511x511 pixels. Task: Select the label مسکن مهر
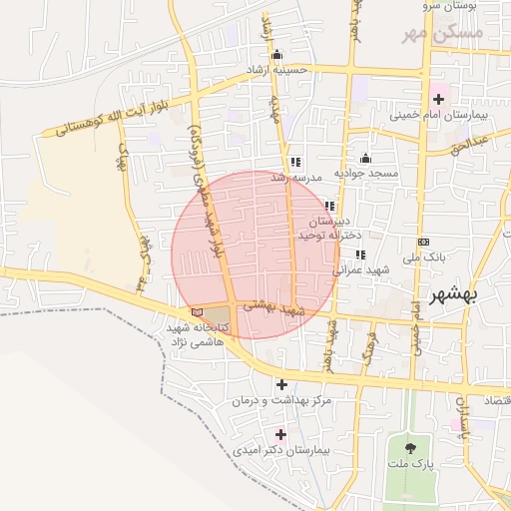[x=442, y=33]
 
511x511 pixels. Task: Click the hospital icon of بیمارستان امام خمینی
[x=438, y=99]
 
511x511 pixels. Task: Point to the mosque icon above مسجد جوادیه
[x=365, y=158]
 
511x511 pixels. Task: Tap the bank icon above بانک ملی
[x=423, y=242]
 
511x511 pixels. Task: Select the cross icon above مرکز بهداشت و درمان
[x=281, y=383]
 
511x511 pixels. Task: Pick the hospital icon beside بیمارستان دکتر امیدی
[x=279, y=434]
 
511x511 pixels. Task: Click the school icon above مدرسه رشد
[x=294, y=162]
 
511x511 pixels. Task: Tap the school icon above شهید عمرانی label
[x=359, y=255]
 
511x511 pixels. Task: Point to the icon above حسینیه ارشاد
[x=276, y=55]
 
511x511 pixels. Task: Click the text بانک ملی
[x=423, y=257]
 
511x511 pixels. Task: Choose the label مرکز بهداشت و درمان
[x=280, y=400]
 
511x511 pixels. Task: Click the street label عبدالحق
[x=469, y=146]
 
